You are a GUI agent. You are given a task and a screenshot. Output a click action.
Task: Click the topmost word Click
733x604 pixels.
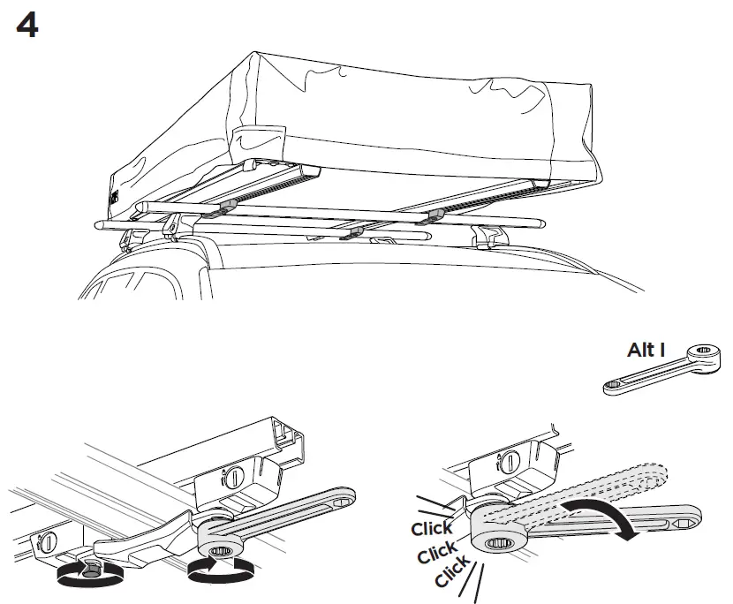[x=432, y=529]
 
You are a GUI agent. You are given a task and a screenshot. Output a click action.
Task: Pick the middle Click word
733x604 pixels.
[x=438, y=554]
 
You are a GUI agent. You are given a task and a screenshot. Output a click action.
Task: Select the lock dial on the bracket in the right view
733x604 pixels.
[x=511, y=460]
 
